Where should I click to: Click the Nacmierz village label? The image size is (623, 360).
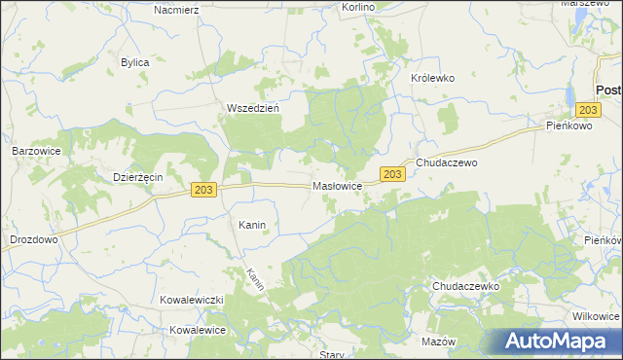pyautogui.click(x=176, y=9)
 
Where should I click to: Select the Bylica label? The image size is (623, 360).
pyautogui.click(x=134, y=62)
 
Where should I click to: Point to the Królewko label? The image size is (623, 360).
pyautogui.click(x=432, y=78)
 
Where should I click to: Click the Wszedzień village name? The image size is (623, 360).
pyautogui.click(x=253, y=108)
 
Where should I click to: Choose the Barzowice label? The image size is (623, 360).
pyautogui.click(x=37, y=151)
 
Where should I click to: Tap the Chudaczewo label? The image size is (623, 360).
pyautogui.click(x=447, y=163)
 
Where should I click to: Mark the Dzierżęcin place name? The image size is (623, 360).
pyautogui.click(x=137, y=177)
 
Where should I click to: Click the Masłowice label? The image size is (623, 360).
pyautogui.click(x=338, y=185)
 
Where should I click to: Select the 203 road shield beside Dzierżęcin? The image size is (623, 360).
pyautogui.click(x=202, y=190)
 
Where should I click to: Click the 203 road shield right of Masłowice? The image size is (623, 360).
pyautogui.click(x=391, y=174)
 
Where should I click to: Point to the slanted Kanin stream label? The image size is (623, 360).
pyautogui.click(x=255, y=280)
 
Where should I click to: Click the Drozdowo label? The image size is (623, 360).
pyautogui.click(x=34, y=238)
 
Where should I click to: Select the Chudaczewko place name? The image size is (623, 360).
pyautogui.click(x=465, y=287)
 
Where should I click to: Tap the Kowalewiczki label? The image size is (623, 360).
pyautogui.click(x=193, y=301)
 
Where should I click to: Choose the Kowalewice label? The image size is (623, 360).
pyautogui.click(x=198, y=330)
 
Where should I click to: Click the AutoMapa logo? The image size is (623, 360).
pyautogui.click(x=560, y=342)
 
